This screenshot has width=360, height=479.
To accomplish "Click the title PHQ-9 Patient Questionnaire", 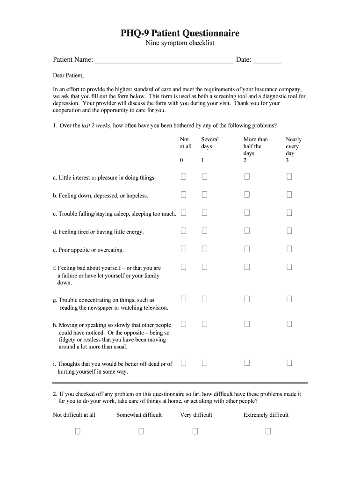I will coord(180,33).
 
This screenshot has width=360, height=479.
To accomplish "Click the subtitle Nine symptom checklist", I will coord(180,44).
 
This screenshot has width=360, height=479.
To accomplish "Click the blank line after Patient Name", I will coord(163,60).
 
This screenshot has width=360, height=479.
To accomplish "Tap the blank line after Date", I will coord(267,60).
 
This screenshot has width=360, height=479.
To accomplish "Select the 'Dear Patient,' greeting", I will coord(68,75).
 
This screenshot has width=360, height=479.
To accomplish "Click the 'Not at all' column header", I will coord(185,143).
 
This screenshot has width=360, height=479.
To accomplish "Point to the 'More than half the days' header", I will coord(255,146).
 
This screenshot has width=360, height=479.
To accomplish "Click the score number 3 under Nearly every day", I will coord(288,160).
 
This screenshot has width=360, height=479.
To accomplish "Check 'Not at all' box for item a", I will coord(184,176).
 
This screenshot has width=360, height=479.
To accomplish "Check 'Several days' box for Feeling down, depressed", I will coord(204,195).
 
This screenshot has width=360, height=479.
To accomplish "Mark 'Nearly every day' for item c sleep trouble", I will coord(289,213).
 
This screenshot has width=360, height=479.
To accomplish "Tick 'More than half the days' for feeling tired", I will coord(247,231).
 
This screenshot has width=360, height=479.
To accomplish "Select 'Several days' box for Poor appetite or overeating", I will coord(204,249).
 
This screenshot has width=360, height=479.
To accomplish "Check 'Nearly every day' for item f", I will coord(289,267).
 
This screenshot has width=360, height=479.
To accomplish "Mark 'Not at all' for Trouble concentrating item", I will coord(184,298).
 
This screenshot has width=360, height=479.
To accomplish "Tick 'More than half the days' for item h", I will coord(247,324).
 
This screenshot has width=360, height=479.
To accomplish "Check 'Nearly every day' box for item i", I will coord(289,363).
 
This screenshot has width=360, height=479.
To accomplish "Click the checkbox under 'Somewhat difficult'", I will coord(141,431).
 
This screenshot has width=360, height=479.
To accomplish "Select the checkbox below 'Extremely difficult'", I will coord(268,431).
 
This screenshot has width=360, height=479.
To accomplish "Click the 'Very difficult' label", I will coord(196,415).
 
